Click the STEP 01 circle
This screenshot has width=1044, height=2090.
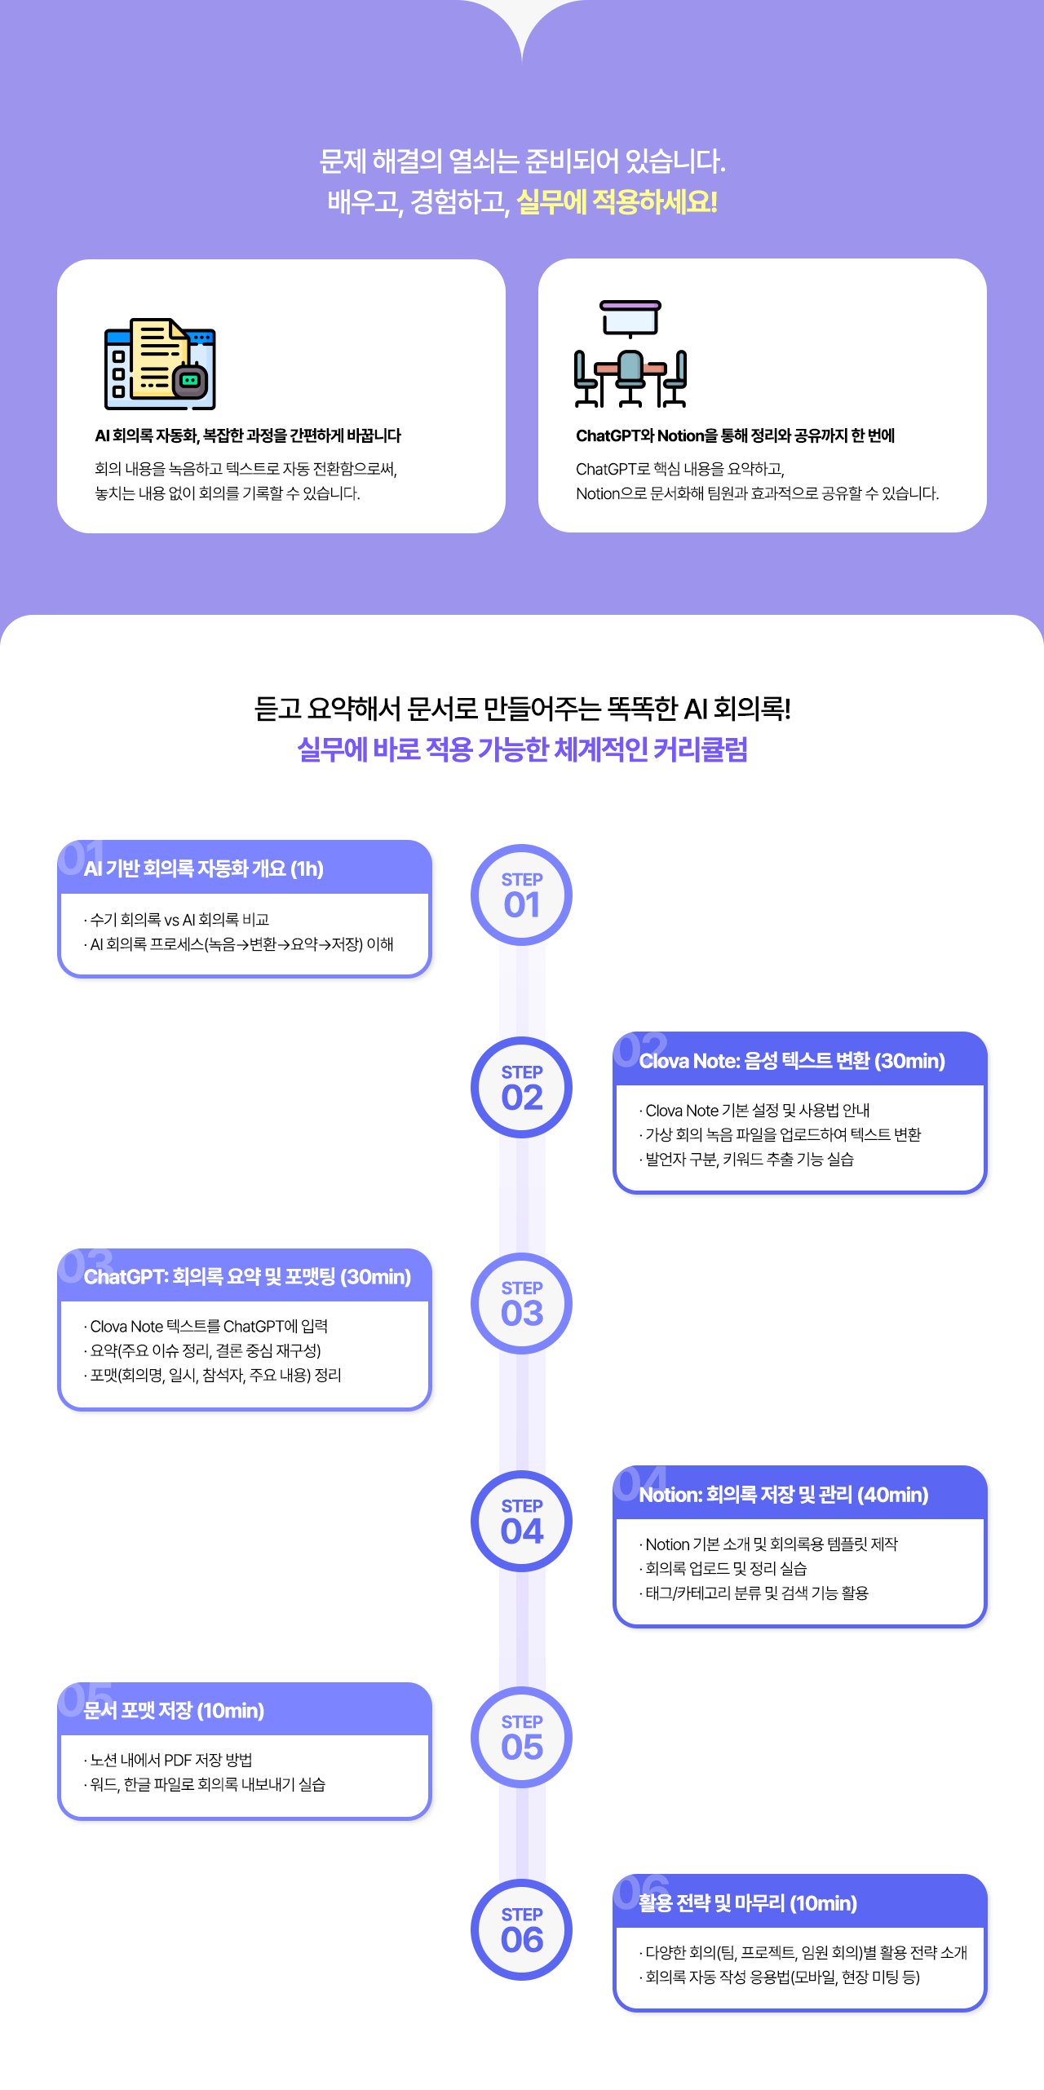(521, 895)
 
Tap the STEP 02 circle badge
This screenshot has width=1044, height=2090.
(521, 1087)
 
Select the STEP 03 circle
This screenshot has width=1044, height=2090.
(521, 1303)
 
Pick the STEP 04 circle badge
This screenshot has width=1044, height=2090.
(521, 1521)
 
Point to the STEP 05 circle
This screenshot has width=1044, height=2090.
(521, 1737)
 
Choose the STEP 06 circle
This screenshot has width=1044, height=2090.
(521, 1929)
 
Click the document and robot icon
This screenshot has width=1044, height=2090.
(160, 364)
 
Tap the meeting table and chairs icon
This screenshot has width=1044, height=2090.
(630, 353)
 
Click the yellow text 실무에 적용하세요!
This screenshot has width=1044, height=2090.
(617, 201)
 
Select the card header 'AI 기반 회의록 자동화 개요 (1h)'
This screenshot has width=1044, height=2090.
(204, 868)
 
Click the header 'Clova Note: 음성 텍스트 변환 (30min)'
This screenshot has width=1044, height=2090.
(791, 1061)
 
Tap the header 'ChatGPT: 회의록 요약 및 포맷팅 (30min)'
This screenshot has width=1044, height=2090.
(247, 1277)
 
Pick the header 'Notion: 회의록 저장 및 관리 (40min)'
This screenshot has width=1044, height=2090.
(783, 1495)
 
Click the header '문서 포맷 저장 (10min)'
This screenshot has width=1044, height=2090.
(174, 1710)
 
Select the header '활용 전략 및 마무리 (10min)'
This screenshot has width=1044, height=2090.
(747, 1903)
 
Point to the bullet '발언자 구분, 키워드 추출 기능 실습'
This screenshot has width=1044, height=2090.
(749, 1160)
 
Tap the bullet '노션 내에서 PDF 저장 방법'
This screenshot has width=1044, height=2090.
(170, 1760)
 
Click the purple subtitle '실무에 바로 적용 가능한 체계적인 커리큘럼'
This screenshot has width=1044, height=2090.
(522, 749)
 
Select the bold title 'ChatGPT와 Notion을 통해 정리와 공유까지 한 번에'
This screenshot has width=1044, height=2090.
(735, 436)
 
